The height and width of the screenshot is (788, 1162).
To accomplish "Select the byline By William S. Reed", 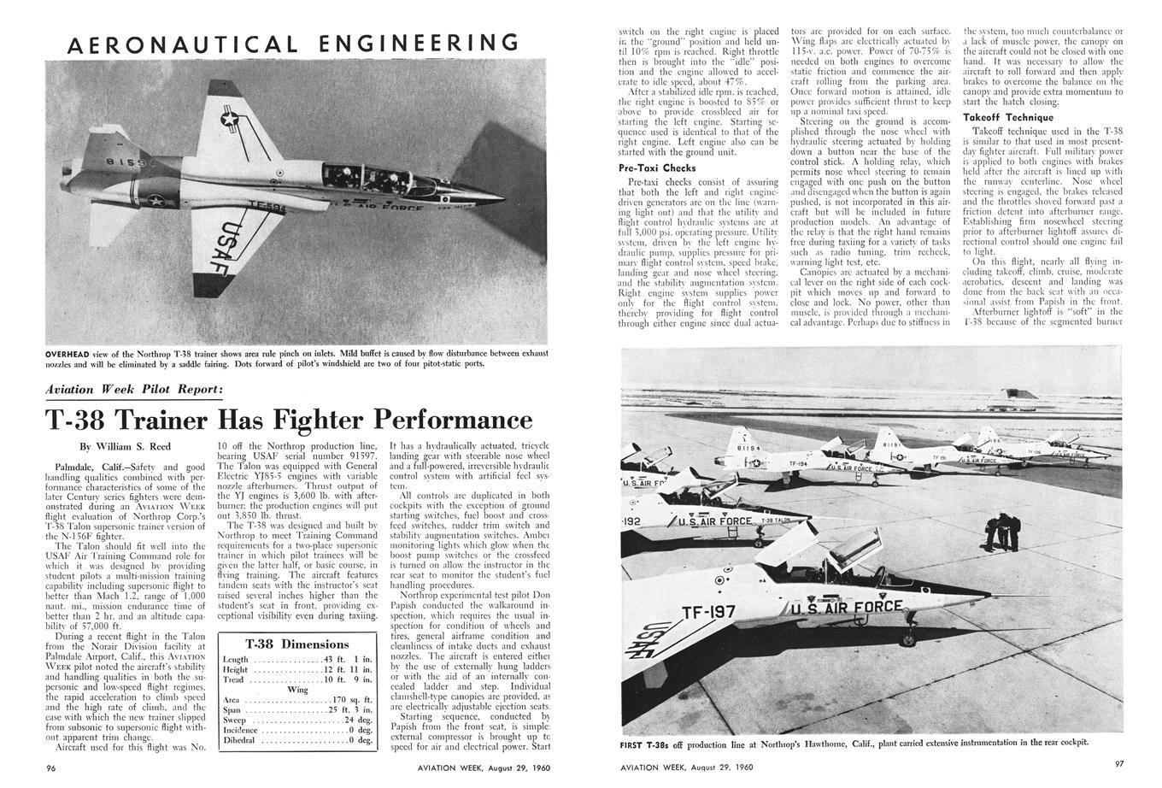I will [x=125, y=446].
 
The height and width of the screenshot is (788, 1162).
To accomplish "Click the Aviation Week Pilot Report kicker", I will [x=135, y=390].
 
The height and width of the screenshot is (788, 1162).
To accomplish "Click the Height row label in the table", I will [x=236, y=670].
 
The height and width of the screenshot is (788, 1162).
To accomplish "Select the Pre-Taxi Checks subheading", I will [x=656, y=168].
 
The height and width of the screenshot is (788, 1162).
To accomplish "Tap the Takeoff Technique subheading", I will [x=1008, y=117].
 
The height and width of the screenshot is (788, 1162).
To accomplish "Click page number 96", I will [x=52, y=767].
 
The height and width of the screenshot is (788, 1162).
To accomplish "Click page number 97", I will [x=1119, y=763].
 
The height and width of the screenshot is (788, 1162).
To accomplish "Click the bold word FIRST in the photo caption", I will [x=636, y=742].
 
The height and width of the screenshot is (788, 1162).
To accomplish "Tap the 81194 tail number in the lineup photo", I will [x=747, y=446].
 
